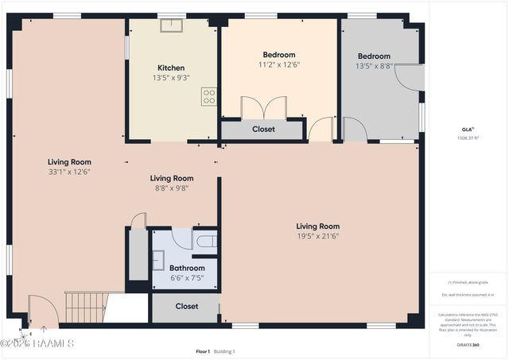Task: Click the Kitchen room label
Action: click(x=171, y=68)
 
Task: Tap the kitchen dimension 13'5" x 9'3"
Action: click(x=171, y=78)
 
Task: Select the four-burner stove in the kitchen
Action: click(x=209, y=97)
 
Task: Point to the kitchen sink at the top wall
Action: click(x=170, y=25)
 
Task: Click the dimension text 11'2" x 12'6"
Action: click(x=278, y=65)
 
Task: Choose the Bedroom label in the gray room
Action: click(x=373, y=56)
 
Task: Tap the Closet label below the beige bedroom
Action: click(x=263, y=129)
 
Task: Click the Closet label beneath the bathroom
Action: click(x=187, y=306)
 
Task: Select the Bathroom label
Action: click(x=187, y=269)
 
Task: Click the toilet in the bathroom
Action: click(x=206, y=241)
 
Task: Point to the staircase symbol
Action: click(x=84, y=306)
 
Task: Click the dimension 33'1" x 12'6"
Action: click(x=69, y=172)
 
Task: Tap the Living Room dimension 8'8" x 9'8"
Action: click(x=172, y=188)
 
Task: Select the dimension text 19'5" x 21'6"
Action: click(x=317, y=236)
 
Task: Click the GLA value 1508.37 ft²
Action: click(x=468, y=137)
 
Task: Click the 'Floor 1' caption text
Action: click(x=203, y=351)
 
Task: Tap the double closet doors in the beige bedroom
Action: click(x=263, y=107)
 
